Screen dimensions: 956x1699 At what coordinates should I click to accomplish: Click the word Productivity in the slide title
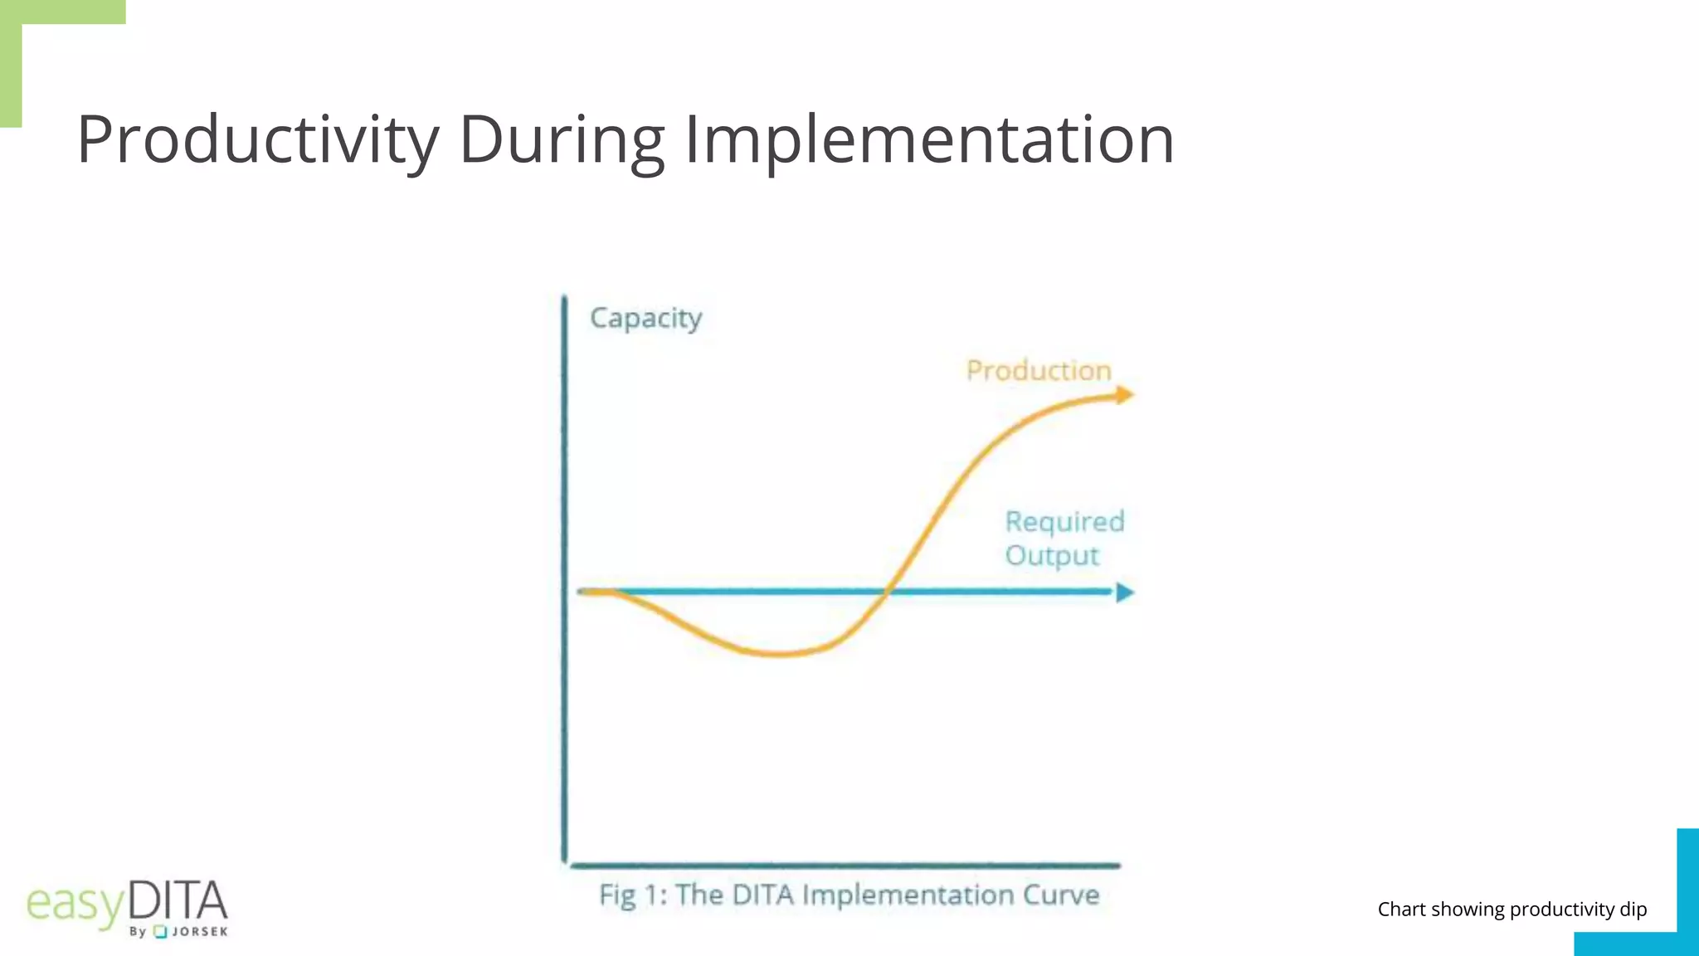coord(258,139)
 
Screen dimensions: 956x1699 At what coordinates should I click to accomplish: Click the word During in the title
coord(562,139)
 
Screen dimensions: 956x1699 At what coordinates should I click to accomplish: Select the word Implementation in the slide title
coord(928,139)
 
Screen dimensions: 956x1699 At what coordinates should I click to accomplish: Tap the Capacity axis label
coord(645,318)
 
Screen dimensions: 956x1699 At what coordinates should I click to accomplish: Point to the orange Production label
coord(1039,370)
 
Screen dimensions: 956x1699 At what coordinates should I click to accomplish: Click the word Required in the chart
coord(1064,521)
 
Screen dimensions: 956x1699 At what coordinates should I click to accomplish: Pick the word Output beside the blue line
coord(1051,555)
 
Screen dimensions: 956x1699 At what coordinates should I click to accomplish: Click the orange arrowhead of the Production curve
coord(1124,395)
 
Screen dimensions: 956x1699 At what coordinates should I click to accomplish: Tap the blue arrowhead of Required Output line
coord(1124,593)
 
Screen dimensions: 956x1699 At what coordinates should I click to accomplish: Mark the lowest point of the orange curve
coord(780,654)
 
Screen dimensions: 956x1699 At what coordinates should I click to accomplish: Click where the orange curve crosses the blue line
coord(886,592)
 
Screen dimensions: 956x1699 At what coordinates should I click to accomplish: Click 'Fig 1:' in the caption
coord(632,895)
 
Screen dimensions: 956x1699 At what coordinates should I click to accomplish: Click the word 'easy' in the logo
coord(75,905)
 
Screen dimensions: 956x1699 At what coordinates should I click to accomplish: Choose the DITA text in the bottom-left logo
coord(178,901)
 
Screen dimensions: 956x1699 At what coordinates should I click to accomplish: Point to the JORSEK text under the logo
coord(199,932)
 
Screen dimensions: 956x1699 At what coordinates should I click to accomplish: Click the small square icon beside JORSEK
coord(161,932)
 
